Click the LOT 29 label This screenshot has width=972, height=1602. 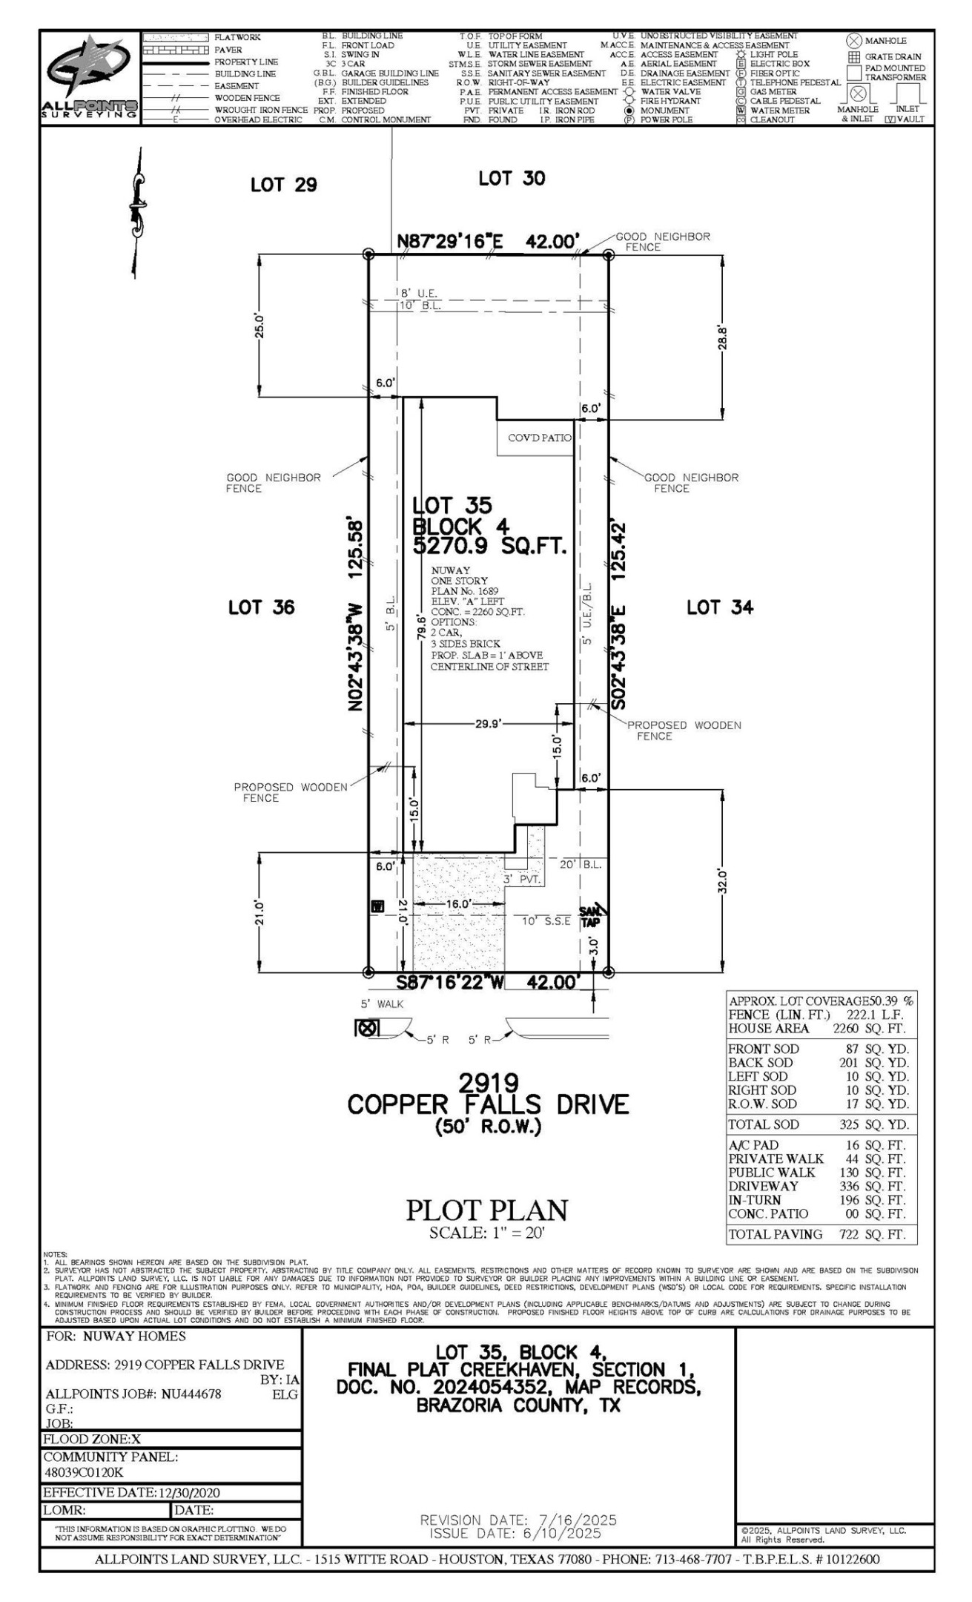click(x=283, y=185)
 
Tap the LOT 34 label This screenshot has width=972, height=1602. click(x=719, y=608)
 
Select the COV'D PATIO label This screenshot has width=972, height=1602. click(x=539, y=438)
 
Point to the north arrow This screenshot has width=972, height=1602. click(x=136, y=213)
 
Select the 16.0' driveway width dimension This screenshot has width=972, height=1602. click(x=458, y=904)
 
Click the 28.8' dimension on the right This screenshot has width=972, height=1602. click(x=723, y=337)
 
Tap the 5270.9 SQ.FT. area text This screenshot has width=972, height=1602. click(x=489, y=547)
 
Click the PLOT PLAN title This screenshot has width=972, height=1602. click(x=486, y=1210)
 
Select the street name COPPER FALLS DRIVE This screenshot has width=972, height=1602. click(x=488, y=1105)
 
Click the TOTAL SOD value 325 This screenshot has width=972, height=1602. click(x=849, y=1124)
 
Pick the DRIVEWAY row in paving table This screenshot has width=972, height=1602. click(x=816, y=1186)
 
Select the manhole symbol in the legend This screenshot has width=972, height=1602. click(x=854, y=41)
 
